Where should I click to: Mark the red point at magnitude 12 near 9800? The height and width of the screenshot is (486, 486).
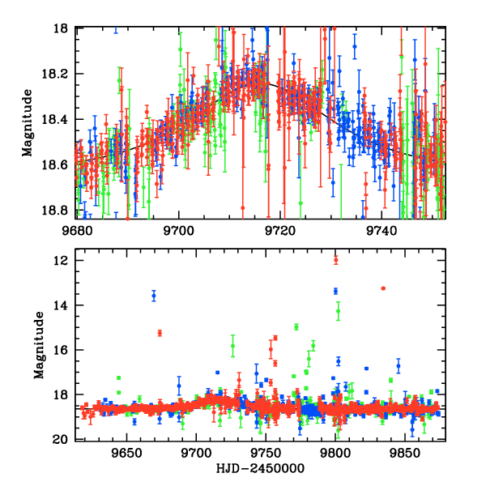[335, 259]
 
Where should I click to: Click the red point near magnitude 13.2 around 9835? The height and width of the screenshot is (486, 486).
[383, 288]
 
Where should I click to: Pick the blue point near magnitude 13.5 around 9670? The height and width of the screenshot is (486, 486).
[154, 296]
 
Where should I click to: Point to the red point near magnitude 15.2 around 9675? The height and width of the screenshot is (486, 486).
[160, 333]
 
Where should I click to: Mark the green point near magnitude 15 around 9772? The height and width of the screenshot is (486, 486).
[296, 327]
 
